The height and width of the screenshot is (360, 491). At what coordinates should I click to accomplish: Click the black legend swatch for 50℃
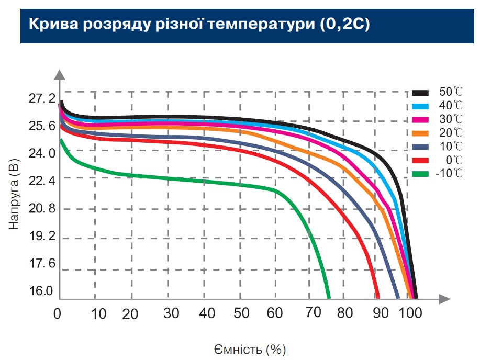point(420,92)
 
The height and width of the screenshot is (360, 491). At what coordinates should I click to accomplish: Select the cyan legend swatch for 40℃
point(420,106)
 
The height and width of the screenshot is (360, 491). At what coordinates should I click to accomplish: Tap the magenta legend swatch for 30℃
point(420,119)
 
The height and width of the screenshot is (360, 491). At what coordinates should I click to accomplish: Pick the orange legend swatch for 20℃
point(420,133)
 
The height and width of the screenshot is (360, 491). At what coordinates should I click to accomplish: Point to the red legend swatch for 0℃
point(420,160)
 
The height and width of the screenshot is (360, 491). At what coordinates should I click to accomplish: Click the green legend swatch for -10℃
point(420,174)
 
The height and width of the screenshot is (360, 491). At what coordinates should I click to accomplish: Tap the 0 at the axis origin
point(58,314)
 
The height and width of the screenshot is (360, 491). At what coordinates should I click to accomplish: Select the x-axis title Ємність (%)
point(250,348)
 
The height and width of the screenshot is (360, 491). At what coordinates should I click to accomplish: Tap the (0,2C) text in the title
point(344,25)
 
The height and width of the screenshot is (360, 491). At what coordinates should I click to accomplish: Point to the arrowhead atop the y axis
point(61,74)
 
